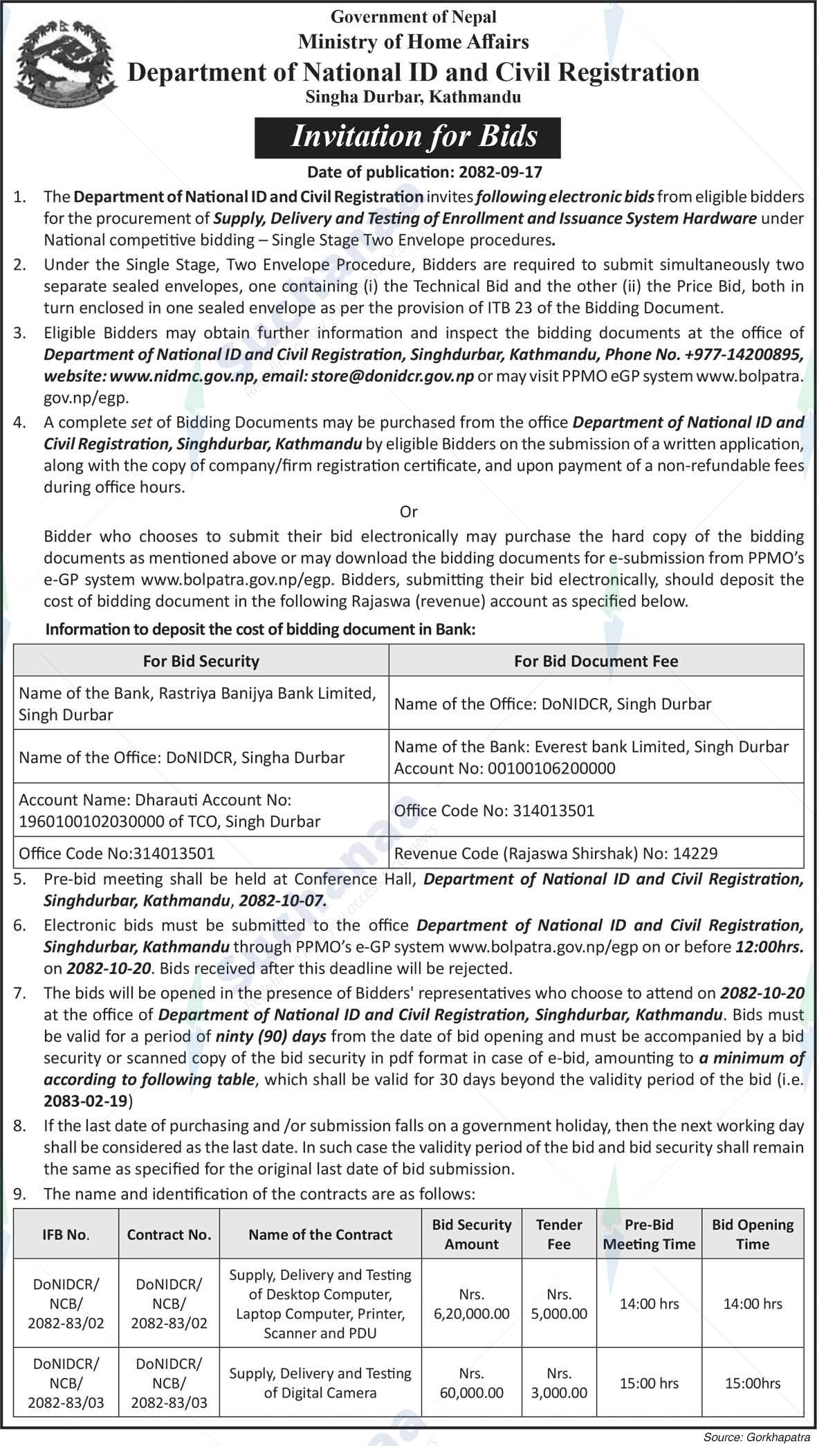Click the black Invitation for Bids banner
[407, 137]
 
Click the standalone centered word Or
[409, 511]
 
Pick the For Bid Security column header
[201, 661]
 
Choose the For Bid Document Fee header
[596, 661]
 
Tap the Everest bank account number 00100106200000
[551, 768]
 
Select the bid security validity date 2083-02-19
[87, 1100]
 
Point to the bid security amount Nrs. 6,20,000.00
[471, 1303]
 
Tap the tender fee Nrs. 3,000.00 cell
[558, 1383]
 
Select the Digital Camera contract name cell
[320, 1383]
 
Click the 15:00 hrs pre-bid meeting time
[648, 1383]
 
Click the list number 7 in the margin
[20, 993]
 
